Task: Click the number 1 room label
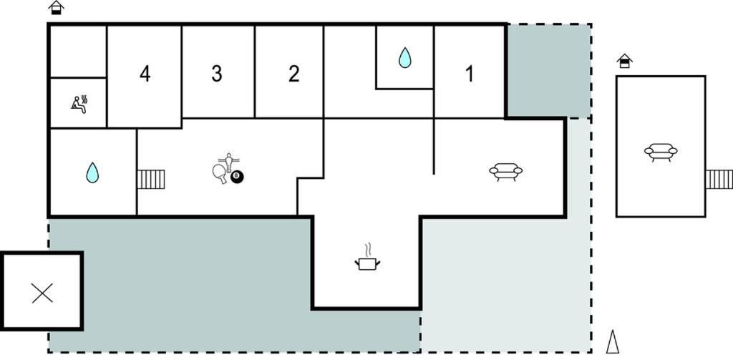pos(470,74)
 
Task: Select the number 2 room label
pos(293,74)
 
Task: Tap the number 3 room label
pos(216,74)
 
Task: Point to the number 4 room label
pos(145,74)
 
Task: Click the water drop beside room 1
pos(405,57)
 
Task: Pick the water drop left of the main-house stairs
pos(92,172)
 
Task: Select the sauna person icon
pos(79,104)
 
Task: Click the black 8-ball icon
pos(237,177)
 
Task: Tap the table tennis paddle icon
pos(219,173)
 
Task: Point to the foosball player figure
pos(228,162)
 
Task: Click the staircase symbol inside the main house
pos(151,180)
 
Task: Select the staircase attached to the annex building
pos(719,180)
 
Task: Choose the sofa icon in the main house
pos(506,172)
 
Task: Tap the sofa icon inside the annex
pos(661,152)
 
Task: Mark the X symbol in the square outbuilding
pos(42,293)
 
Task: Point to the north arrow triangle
pos(613,342)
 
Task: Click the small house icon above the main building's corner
pos(56,7)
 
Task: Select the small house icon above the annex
pos(624,62)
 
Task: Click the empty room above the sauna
pos(78,51)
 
